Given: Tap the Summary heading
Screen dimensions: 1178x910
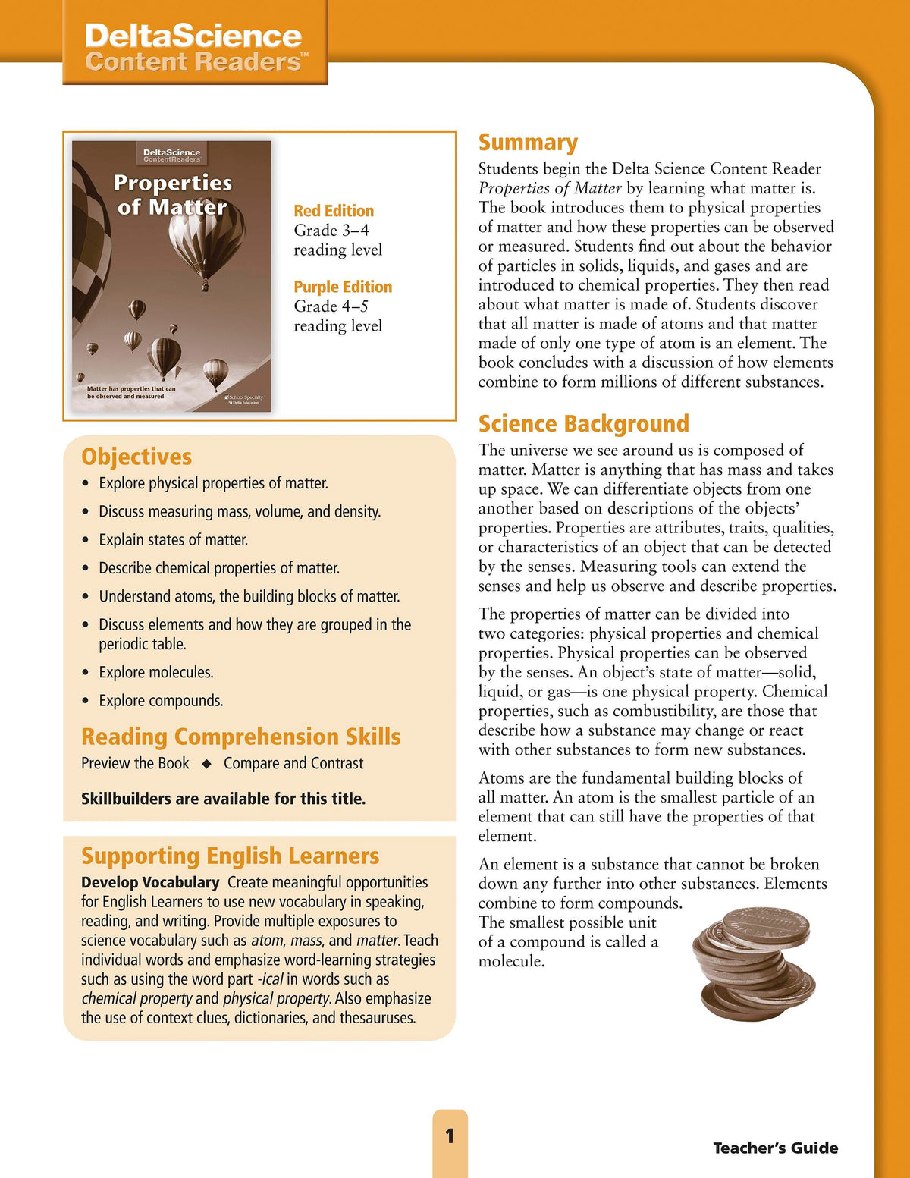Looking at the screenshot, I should pyautogui.click(x=528, y=143).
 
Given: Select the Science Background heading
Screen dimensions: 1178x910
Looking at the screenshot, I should pyautogui.click(x=583, y=423).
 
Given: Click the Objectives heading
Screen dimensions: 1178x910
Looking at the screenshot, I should pyautogui.click(x=136, y=457).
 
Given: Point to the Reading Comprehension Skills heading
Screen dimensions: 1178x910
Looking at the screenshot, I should pyautogui.click(x=240, y=737).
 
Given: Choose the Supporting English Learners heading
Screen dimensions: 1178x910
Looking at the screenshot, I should pyautogui.click(x=230, y=856).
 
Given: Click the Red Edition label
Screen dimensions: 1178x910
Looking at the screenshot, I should pyautogui.click(x=334, y=211).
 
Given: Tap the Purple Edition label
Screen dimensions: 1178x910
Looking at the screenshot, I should pyautogui.click(x=343, y=287).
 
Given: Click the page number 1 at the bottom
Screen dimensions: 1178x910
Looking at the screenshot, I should pyautogui.click(x=450, y=1136).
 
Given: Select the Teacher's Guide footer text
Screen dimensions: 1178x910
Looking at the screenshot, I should pyautogui.click(x=775, y=1148).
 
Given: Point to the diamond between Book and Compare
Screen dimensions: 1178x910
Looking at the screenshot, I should pyautogui.click(x=206, y=764).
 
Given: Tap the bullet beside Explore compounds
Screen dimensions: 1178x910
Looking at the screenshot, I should pyautogui.click(x=86, y=701).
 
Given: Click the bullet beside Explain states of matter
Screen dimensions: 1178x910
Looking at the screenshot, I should pyautogui.click(x=86, y=540).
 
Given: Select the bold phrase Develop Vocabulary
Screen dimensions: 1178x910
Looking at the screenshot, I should pyautogui.click(x=150, y=882).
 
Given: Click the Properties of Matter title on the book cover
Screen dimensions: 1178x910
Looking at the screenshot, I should pyautogui.click(x=172, y=195).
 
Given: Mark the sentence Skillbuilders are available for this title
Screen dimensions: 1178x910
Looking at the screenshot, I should pyautogui.click(x=223, y=799).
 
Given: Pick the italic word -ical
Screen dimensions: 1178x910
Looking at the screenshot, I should pyautogui.click(x=270, y=979).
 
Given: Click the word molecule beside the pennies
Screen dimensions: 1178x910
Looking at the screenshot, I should pyautogui.click(x=511, y=961).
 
